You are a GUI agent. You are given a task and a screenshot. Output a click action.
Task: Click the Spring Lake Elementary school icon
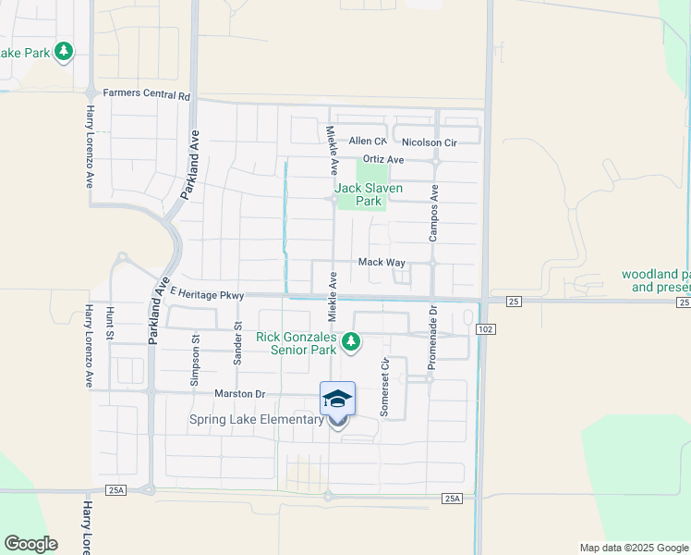pyautogui.click(x=337, y=399)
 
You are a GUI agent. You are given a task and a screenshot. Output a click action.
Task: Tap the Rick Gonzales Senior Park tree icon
pyautogui.click(x=351, y=342)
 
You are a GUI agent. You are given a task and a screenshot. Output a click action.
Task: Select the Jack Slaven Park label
pyautogui.click(x=369, y=194)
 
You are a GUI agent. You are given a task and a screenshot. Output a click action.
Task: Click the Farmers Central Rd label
pyautogui.click(x=146, y=94)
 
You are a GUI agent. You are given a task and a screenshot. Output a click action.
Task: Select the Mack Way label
pyautogui.click(x=382, y=263)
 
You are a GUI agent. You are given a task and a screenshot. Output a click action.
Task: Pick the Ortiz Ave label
pyautogui.click(x=383, y=159)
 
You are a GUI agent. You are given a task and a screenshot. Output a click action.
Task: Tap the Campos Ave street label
pyautogui.click(x=433, y=212)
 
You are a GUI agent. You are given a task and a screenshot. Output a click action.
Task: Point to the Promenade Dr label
pyautogui.click(x=431, y=338)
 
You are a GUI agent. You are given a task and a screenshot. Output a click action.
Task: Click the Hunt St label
pyautogui.click(x=109, y=324)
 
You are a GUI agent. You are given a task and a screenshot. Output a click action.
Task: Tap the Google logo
pyautogui.click(x=30, y=544)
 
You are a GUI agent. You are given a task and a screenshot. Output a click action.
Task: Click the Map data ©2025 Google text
pyautogui.click(x=633, y=548)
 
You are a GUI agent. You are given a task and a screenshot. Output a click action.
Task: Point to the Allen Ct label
pyautogui.click(x=367, y=142)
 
